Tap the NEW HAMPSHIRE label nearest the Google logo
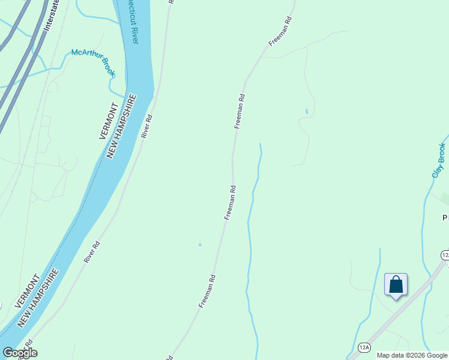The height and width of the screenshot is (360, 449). point(40,298)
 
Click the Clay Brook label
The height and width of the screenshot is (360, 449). point(439,160)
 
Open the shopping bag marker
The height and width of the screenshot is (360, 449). point(396,284)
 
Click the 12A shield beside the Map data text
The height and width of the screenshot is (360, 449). point(364,347)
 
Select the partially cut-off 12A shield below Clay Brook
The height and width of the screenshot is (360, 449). point(445,255)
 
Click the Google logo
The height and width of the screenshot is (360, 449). point(20,352)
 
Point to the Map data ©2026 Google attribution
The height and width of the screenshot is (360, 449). point(412,355)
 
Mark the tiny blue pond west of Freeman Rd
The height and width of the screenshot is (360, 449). point(200,244)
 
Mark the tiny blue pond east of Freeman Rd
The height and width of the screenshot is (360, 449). point(307,111)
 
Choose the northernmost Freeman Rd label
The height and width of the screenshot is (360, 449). point(280,32)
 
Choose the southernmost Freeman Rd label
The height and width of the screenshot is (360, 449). point(207,292)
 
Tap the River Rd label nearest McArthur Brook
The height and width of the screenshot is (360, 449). point(148,127)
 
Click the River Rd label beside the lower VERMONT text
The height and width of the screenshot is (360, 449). point(91,252)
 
